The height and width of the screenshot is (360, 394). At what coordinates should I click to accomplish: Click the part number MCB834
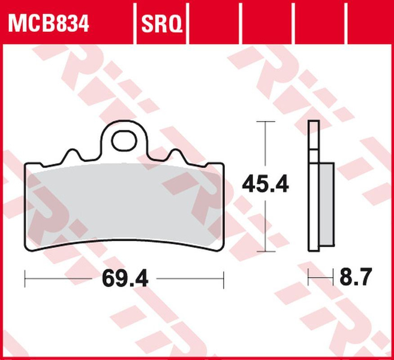click(x=48, y=25)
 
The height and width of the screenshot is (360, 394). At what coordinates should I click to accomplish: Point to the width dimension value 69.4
click(x=125, y=279)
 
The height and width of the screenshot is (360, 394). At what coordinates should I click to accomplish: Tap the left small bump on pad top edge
click(x=74, y=155)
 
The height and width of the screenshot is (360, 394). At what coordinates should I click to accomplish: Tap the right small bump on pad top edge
click(x=176, y=155)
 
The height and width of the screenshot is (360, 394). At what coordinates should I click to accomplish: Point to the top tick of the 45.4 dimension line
click(x=264, y=121)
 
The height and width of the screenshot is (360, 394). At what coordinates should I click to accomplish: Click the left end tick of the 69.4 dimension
click(x=25, y=279)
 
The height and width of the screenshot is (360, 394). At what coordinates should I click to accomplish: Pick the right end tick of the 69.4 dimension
click(x=224, y=279)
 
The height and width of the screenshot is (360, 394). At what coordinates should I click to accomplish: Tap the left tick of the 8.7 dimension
click(x=308, y=278)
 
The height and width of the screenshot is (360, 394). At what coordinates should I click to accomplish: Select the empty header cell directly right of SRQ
click(x=213, y=24)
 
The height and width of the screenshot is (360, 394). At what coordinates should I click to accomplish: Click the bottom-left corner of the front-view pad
click(x=27, y=248)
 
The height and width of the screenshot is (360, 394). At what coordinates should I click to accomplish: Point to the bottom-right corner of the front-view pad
click(x=221, y=248)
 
